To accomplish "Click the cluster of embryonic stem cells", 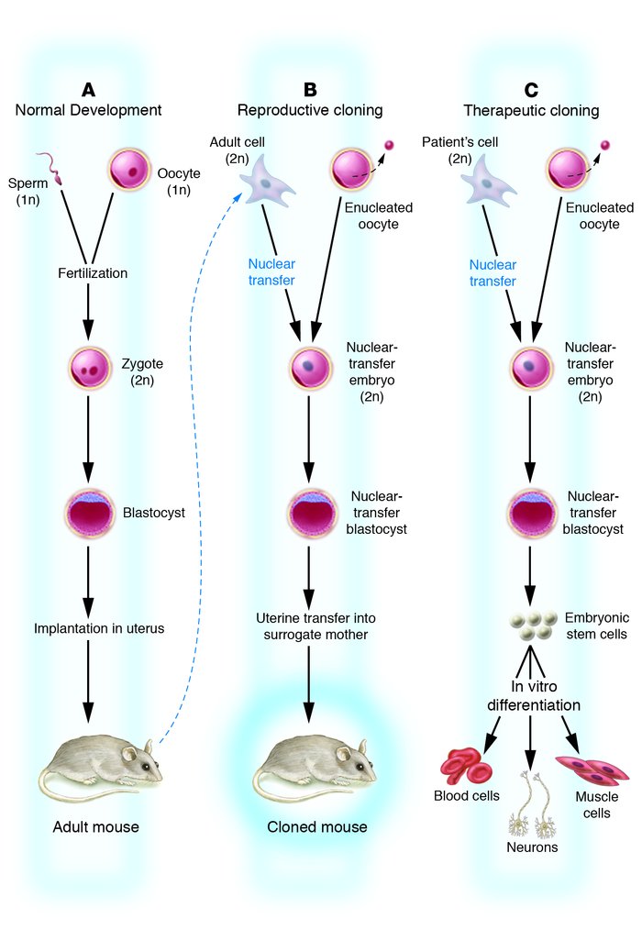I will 534,625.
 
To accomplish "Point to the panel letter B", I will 310,89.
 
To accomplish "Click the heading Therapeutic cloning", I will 531,111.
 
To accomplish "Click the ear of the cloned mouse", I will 343,754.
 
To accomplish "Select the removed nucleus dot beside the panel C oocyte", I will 603,145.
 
